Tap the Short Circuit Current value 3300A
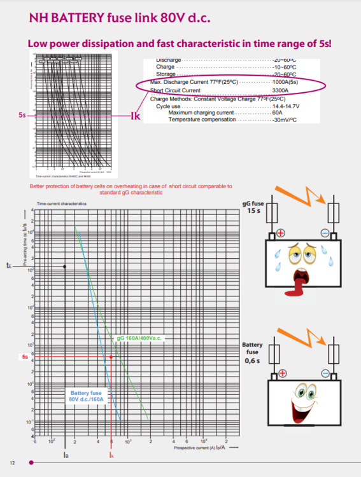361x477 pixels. tap(281, 91)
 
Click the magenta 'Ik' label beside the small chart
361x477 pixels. tap(135, 116)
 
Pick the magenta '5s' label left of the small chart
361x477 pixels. tap(22, 116)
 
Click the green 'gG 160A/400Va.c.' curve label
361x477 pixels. tap(141, 338)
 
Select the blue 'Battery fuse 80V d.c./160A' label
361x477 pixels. tap(87, 397)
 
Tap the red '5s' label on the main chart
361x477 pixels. tap(24, 357)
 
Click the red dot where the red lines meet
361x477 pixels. tap(111, 357)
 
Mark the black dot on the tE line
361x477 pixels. tap(65, 266)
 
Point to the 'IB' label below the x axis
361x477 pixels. tap(66, 455)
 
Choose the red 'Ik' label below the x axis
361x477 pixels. tap(111, 455)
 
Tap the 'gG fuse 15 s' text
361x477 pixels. tap(253, 207)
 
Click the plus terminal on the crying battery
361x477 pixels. tap(280, 233)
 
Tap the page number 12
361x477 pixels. tap(12, 462)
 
